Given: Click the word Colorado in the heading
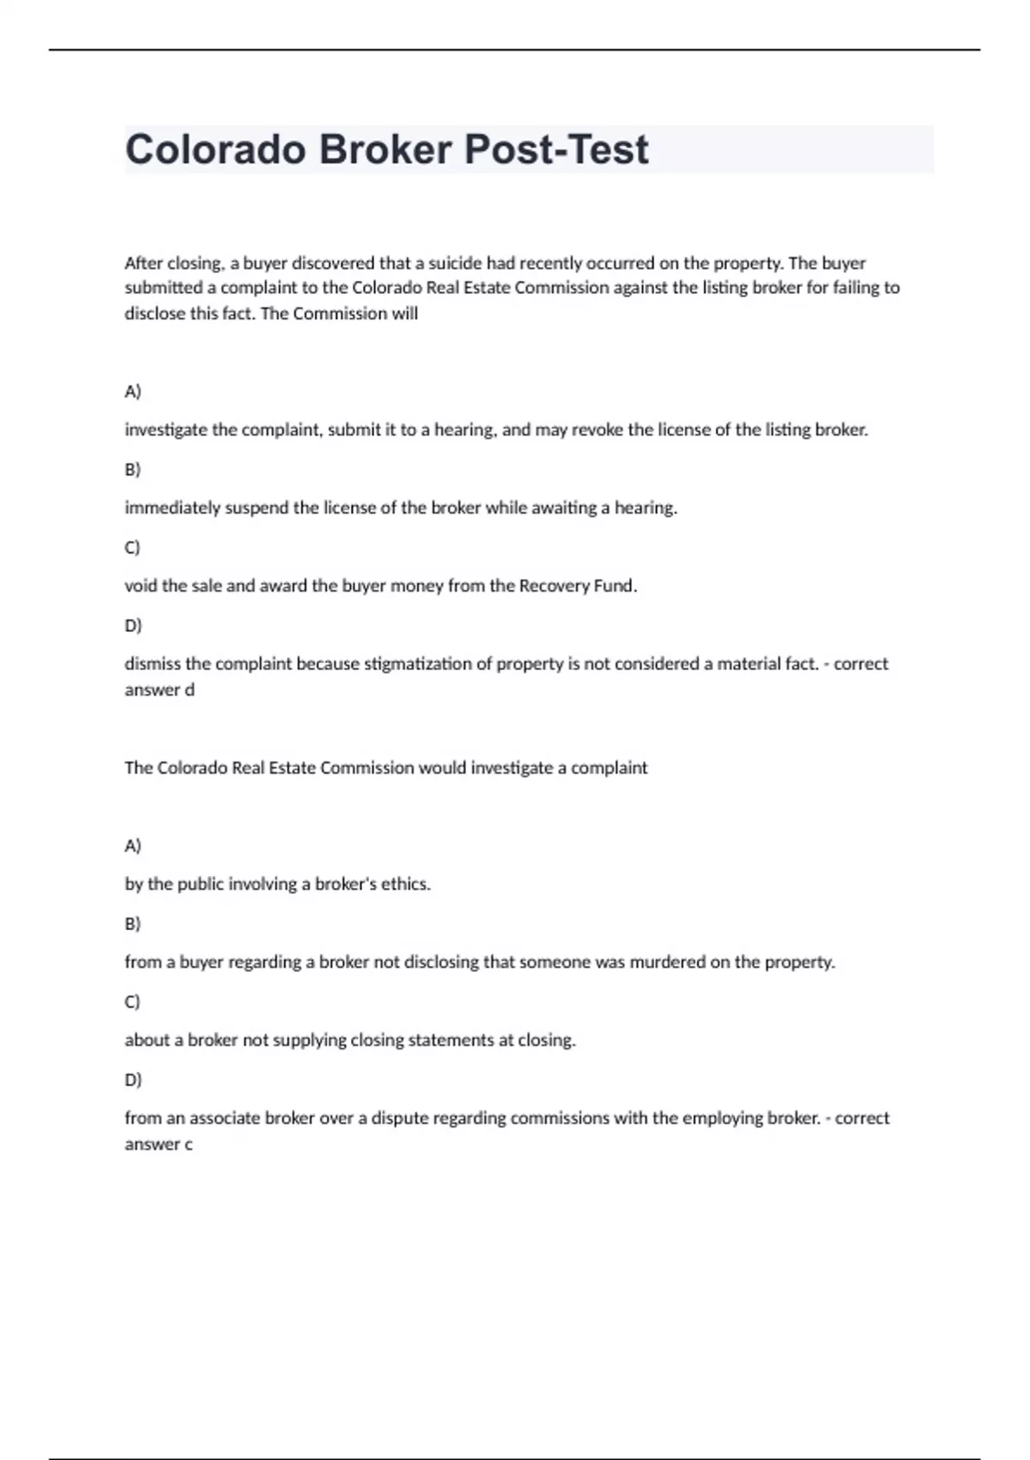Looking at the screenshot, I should pos(215,149).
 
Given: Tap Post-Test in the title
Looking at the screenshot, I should pos(556,149).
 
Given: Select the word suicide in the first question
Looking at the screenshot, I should pos(455,263).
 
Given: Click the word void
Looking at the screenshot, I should pos(140,586).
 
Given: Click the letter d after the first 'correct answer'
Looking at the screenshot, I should pos(190,690).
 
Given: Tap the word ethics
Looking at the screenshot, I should pos(406,884).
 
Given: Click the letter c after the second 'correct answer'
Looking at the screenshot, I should pos(189,1144).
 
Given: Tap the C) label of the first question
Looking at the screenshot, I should pos(132,547).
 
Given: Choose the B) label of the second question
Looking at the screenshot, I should pos(132,923).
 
